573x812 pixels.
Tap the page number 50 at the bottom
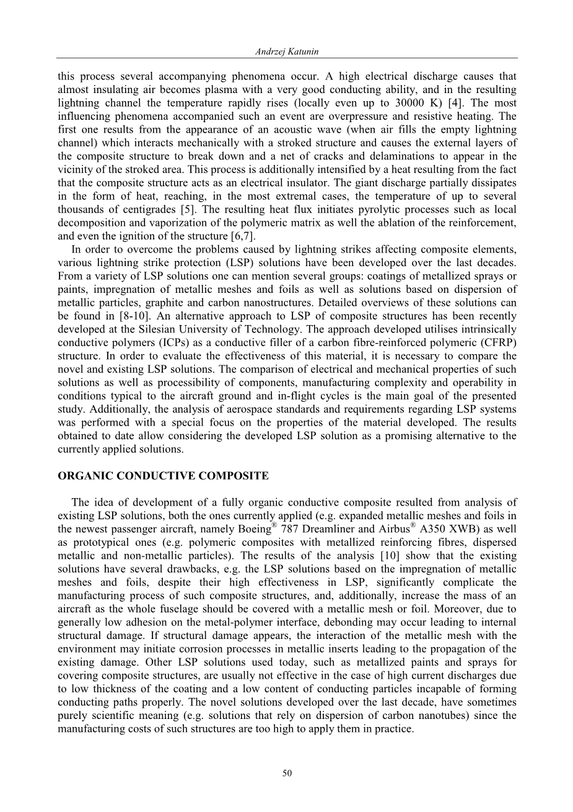(286, 773)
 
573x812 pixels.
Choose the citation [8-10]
(133, 316)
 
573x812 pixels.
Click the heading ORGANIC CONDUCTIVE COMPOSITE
(163, 476)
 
